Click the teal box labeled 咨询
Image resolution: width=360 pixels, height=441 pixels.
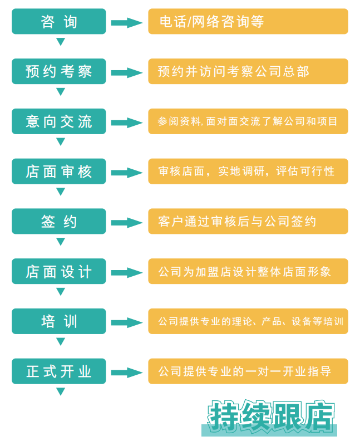pyautogui.click(x=59, y=21)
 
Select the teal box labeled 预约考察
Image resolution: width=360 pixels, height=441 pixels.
pyautogui.click(x=59, y=71)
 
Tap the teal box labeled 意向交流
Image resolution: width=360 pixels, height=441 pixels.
pyautogui.click(x=59, y=121)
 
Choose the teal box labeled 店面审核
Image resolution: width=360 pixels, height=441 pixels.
pyautogui.click(x=59, y=171)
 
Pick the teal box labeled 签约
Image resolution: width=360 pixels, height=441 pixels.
pyautogui.click(x=59, y=222)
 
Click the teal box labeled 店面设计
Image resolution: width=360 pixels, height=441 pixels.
pyautogui.click(x=59, y=271)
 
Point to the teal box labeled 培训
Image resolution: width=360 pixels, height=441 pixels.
pyautogui.click(x=59, y=321)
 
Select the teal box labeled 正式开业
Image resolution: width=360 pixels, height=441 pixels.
pyautogui.click(x=59, y=371)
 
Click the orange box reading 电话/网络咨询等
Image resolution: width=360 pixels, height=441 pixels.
pyautogui.click(x=248, y=21)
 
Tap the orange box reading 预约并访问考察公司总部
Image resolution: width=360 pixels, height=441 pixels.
pyautogui.click(x=248, y=71)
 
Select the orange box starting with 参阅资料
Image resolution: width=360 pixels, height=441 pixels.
pyautogui.click(x=248, y=121)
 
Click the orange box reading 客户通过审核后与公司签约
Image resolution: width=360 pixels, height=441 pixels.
pyautogui.click(x=248, y=222)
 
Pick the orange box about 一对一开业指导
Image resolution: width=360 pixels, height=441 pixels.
pyautogui.click(x=248, y=371)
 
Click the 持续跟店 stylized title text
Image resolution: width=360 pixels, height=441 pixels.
pyautogui.click(x=270, y=417)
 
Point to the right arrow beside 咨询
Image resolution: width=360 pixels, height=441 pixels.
pyautogui.click(x=127, y=23)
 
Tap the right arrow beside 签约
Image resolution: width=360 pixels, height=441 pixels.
pyautogui.click(x=127, y=223)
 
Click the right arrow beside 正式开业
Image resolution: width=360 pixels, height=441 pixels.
pyautogui.click(x=127, y=373)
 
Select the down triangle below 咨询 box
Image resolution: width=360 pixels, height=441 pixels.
pyautogui.click(x=61, y=41)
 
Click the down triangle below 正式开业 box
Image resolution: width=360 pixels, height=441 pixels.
pyautogui.click(x=61, y=391)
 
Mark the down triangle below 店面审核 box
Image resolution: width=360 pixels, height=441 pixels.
pyautogui.click(x=61, y=191)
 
